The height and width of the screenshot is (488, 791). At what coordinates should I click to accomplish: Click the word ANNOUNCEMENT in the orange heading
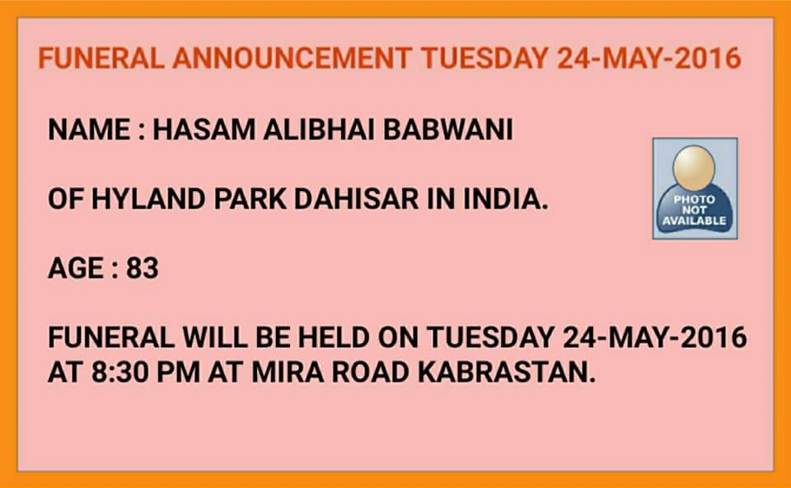point(291,58)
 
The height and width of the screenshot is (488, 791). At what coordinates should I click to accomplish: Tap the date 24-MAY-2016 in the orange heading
point(649,58)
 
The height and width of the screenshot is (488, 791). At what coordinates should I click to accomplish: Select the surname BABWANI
point(448,129)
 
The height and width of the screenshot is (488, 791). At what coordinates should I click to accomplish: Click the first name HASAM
point(204,129)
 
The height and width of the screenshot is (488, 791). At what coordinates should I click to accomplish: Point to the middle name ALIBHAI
point(319,129)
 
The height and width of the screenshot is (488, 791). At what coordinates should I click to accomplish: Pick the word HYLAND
point(148,199)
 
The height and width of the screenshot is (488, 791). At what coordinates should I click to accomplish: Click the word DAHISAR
point(356,199)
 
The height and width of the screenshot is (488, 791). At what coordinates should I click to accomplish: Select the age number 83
point(143,268)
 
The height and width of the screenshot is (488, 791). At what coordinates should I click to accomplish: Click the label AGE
point(76,268)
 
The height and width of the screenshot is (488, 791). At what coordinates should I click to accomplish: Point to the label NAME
point(89,129)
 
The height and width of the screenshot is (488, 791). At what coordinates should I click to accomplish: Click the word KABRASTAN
point(507,373)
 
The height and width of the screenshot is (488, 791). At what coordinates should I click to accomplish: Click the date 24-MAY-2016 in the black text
point(654,337)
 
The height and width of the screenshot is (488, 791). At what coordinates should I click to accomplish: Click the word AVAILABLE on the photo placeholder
point(694,221)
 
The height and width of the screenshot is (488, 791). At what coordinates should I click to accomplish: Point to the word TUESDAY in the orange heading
point(484,58)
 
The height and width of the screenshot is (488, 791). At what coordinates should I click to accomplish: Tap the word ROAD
point(370,373)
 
